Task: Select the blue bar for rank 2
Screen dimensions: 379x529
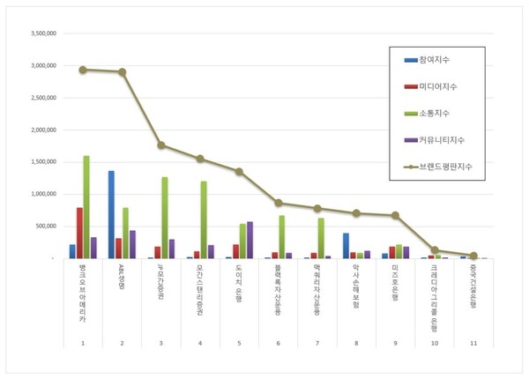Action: [x=111, y=214]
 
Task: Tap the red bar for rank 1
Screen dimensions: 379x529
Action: [x=79, y=233]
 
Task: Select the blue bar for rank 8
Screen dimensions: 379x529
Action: [x=346, y=246]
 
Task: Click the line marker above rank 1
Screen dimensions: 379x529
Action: [x=82, y=70]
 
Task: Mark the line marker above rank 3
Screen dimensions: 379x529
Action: [x=160, y=145]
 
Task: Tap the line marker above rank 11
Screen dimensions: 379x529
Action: [x=473, y=255]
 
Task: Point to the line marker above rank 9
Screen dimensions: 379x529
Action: [x=395, y=215]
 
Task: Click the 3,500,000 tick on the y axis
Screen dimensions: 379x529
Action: [x=42, y=33]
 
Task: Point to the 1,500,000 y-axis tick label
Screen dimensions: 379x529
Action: [x=42, y=161]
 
